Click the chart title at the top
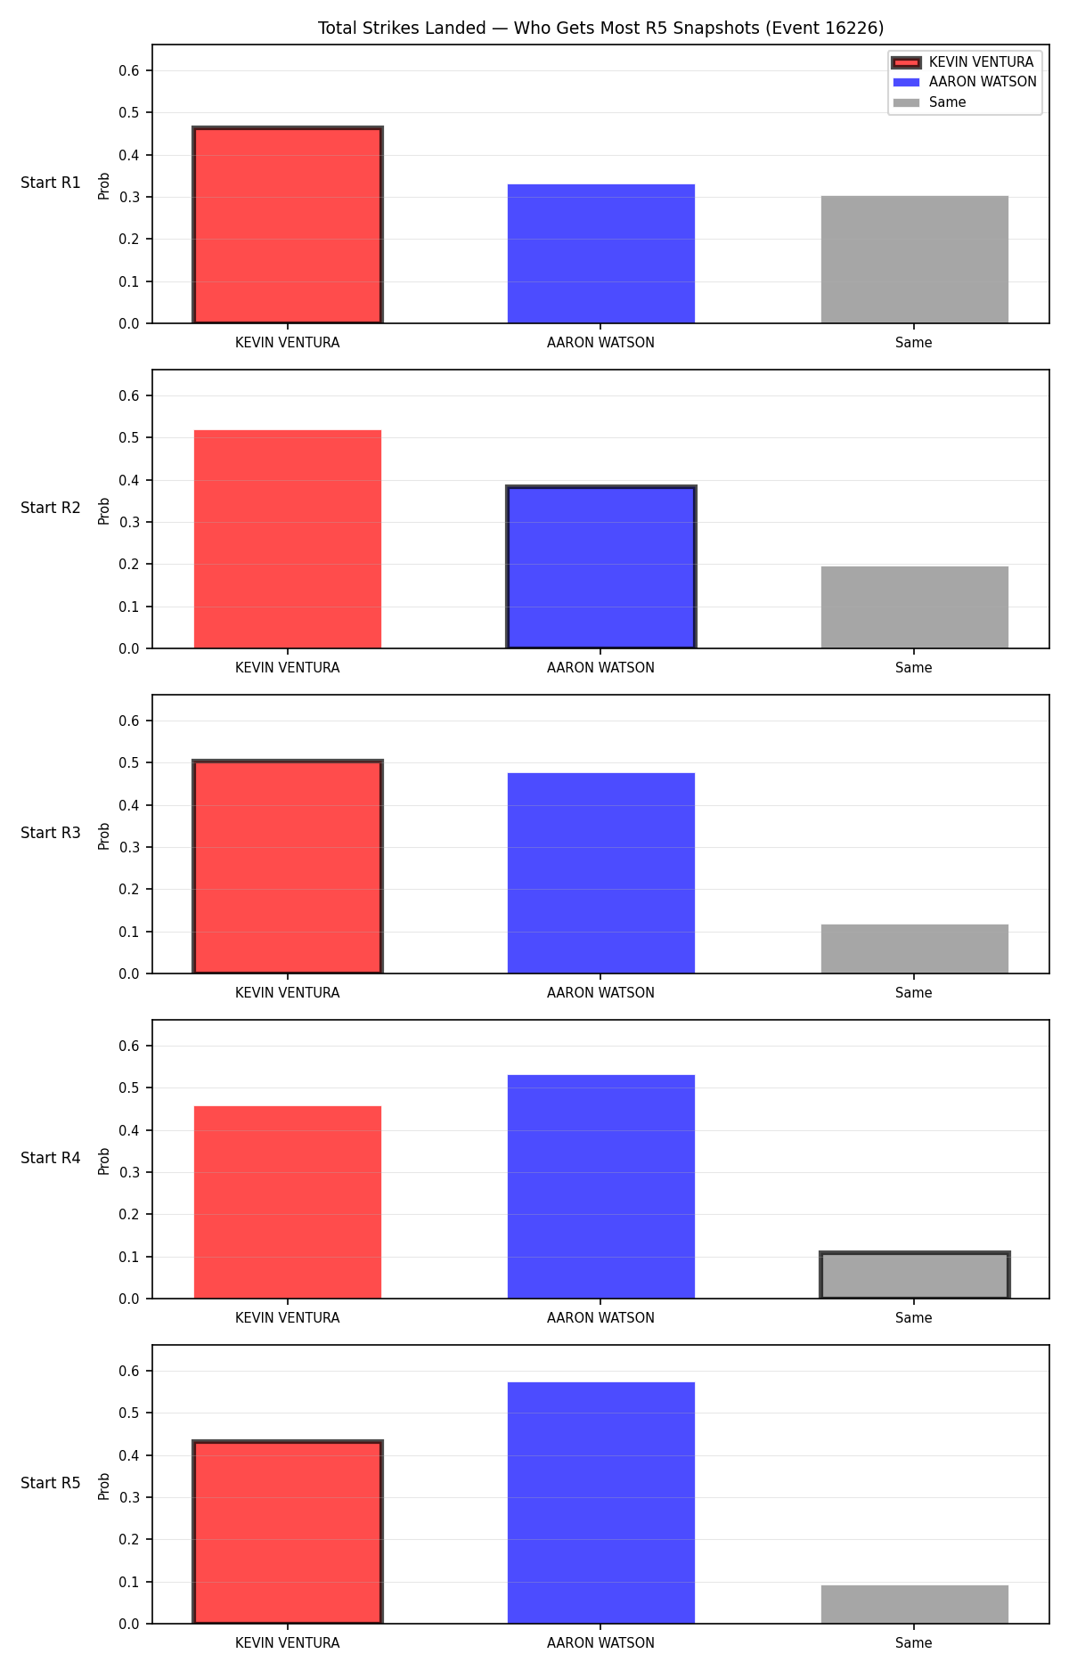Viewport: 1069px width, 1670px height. pos(601,29)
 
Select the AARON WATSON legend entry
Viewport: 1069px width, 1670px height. pos(965,82)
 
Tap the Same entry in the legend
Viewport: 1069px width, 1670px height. pos(929,102)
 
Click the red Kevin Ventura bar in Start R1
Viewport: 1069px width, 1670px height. pos(288,225)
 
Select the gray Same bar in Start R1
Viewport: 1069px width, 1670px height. pos(915,259)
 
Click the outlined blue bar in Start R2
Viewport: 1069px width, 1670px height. pos(601,567)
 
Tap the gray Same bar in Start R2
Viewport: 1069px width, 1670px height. pos(915,607)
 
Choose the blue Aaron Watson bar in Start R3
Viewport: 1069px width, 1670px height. pos(601,873)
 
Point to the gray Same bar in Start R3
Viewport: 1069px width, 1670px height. pos(915,949)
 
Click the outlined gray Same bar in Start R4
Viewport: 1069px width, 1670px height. pos(915,1275)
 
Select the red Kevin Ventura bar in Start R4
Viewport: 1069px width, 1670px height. pos(288,1202)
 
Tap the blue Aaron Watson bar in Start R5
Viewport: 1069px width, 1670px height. pos(601,1503)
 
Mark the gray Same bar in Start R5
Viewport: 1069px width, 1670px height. pos(915,1604)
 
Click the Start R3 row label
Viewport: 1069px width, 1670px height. pos(51,833)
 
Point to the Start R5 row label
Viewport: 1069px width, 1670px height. pos(51,1483)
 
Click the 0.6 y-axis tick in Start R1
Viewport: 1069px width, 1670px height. pos(130,70)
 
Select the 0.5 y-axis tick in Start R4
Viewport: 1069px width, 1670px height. pos(130,1088)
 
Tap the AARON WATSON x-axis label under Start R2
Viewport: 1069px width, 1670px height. pos(601,668)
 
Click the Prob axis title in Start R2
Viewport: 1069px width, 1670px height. pos(104,510)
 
